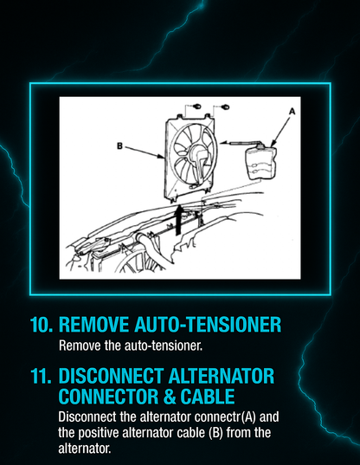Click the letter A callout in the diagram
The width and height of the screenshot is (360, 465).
click(291, 112)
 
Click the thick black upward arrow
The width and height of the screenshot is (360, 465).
click(179, 217)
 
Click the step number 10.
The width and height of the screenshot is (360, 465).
click(41, 325)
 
